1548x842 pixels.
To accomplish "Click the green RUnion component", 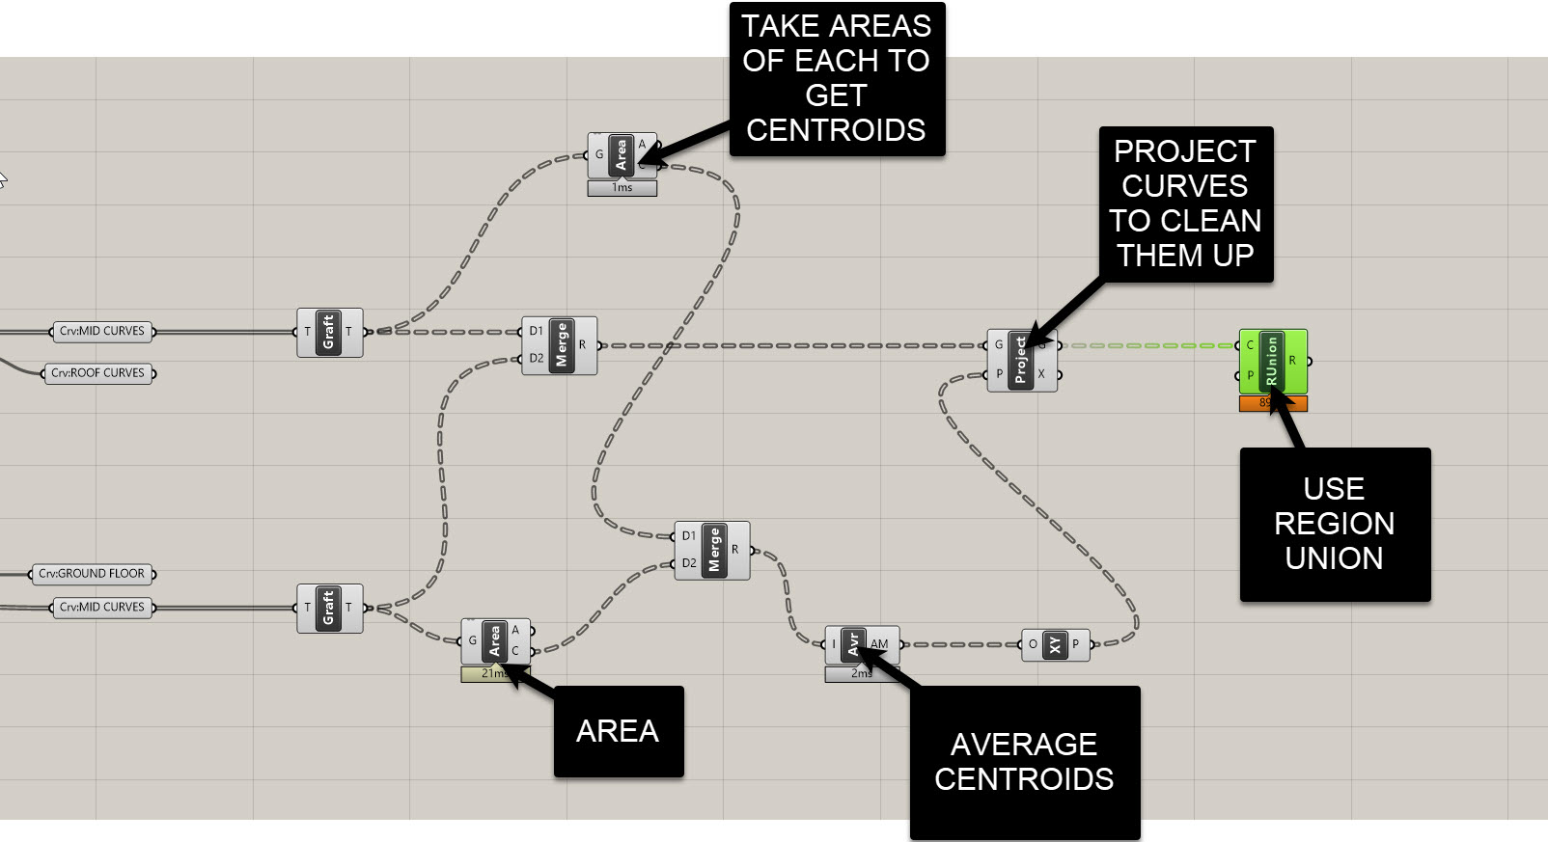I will pos(1272,361).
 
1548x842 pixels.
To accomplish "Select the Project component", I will pos(1021,360).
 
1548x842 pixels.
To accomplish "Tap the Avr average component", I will pos(853,644).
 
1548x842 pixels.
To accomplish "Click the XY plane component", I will pos(1055,644).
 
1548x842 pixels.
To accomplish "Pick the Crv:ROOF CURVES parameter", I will pos(98,373).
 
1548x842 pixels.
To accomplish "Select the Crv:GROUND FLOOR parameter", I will pos(92,574).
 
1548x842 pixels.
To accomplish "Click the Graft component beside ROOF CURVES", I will pos(328,332).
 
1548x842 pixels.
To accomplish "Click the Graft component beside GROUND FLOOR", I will pos(328,608).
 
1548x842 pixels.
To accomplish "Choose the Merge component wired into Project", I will pos(560,345).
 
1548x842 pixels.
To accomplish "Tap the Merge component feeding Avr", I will pos(713,550).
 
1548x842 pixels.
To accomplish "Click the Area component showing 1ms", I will pos(621,155).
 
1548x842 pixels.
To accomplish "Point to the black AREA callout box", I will pos(618,731).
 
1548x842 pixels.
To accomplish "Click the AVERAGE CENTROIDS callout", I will pos(1024,762).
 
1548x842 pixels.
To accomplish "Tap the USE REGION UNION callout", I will pos(1334,524).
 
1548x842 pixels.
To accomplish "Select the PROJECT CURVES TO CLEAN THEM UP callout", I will pos(1185,204).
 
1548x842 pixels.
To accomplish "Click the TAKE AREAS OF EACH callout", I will pos(837,78).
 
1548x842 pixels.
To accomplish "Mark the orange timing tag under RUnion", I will pos(1272,403).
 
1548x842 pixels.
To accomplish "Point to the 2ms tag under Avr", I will pos(861,673).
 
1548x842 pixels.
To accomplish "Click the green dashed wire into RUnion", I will pos(1148,345).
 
